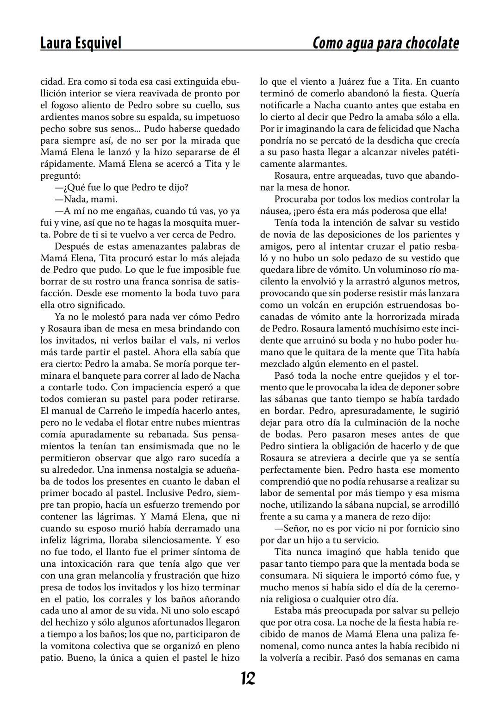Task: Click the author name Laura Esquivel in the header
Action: (x=81, y=43)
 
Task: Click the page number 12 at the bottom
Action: (x=248, y=679)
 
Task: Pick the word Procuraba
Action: (x=297, y=199)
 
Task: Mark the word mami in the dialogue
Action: (x=107, y=199)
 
